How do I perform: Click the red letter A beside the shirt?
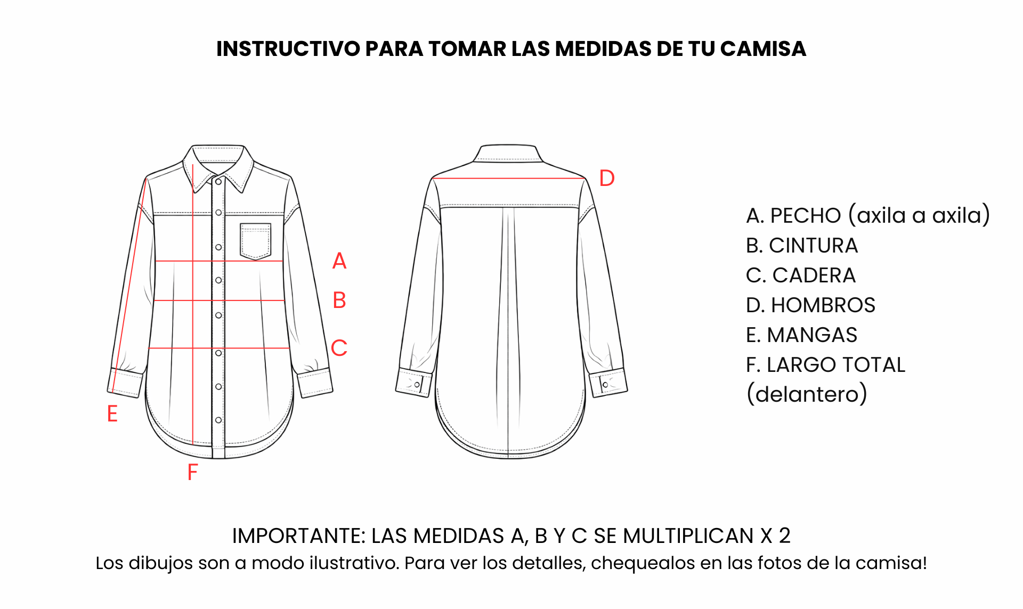tap(339, 261)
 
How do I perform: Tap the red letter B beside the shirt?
tap(339, 301)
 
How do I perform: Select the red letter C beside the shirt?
tap(339, 348)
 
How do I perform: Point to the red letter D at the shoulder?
tap(607, 178)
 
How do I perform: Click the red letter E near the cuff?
tap(112, 413)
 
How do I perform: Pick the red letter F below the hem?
tap(192, 472)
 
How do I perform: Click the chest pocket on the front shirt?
tap(256, 241)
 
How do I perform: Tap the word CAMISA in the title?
tap(763, 48)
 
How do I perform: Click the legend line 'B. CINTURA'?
tap(802, 246)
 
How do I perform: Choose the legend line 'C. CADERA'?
tap(801, 275)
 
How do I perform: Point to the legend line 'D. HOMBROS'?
tap(810, 305)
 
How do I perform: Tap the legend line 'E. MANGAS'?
tap(801, 335)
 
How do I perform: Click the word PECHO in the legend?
tap(806, 216)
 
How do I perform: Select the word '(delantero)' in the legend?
tap(807, 394)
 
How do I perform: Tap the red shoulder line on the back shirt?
tap(509, 178)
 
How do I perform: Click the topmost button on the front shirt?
tap(218, 182)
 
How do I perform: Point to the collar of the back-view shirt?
tap(508, 153)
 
